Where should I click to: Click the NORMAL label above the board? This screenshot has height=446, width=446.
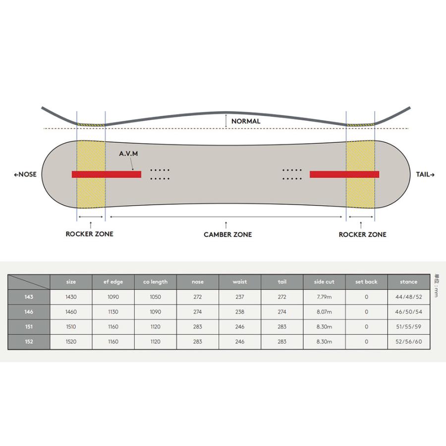pyautogui.click(x=246, y=121)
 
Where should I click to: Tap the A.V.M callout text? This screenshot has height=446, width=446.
pyautogui.click(x=128, y=154)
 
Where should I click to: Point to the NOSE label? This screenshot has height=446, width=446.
pyautogui.click(x=25, y=174)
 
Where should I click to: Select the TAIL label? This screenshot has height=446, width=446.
pyautogui.click(x=425, y=174)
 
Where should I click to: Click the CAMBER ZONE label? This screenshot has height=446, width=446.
pyautogui.click(x=228, y=235)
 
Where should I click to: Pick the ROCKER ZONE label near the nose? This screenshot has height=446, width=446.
pyautogui.click(x=89, y=234)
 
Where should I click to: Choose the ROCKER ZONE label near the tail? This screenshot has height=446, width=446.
pyautogui.click(x=362, y=235)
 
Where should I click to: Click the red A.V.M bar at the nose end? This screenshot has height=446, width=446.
pyautogui.click(x=107, y=174)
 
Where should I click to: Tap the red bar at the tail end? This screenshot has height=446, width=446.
pyautogui.click(x=344, y=174)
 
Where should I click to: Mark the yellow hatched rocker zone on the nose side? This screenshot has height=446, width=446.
pyautogui.click(x=91, y=174)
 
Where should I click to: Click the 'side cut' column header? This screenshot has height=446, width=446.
pyautogui.click(x=324, y=282)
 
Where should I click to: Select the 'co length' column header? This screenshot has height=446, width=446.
pyautogui.click(x=155, y=282)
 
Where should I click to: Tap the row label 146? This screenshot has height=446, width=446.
pyautogui.click(x=29, y=312)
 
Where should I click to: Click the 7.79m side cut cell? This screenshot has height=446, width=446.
pyautogui.click(x=324, y=297)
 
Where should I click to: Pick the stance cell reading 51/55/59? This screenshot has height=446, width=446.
pyautogui.click(x=409, y=327)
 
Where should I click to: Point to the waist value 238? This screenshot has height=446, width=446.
pyautogui.click(x=240, y=312)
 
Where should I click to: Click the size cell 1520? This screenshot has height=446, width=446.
pyautogui.click(x=71, y=341)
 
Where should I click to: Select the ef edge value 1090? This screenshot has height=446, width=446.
pyautogui.click(x=113, y=297)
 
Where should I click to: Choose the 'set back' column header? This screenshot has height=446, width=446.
pyautogui.click(x=366, y=282)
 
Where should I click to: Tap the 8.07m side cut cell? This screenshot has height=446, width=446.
pyautogui.click(x=324, y=312)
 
